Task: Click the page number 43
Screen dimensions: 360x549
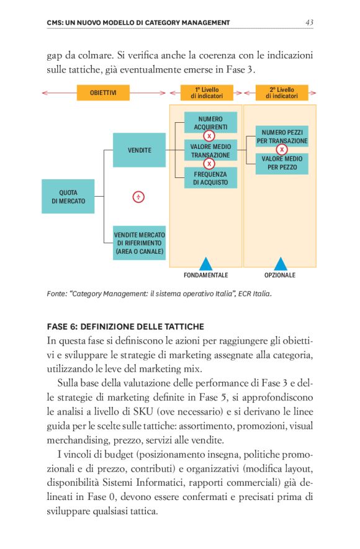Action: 309,22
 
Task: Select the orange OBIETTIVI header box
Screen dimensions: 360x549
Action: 103,93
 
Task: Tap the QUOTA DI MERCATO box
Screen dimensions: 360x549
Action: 68,197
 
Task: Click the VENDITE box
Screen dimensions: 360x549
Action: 139,150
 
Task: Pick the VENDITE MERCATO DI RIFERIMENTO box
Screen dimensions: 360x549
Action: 139,243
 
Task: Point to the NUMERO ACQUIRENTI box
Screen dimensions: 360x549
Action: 210,122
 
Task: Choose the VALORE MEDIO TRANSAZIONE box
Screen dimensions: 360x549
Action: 210,150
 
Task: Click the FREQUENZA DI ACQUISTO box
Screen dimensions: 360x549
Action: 210,178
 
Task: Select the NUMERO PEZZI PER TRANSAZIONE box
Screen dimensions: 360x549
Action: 282,136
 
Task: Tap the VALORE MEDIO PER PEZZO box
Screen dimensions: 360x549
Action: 282,163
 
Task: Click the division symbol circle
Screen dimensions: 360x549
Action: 139,197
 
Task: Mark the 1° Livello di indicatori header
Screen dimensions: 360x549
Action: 205,93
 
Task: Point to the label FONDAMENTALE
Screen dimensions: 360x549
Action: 205,275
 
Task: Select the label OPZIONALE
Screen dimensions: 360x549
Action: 280,275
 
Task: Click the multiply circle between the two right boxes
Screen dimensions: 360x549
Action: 282,150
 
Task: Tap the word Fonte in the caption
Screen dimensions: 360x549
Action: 57,293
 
